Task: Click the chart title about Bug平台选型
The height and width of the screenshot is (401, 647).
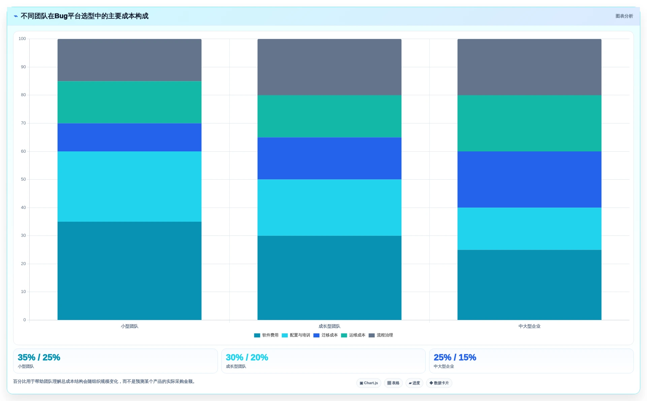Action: (85, 16)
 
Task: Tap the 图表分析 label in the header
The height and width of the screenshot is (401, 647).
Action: (624, 16)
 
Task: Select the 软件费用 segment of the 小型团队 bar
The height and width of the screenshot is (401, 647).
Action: (129, 271)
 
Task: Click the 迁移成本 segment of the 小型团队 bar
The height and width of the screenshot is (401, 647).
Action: (129, 137)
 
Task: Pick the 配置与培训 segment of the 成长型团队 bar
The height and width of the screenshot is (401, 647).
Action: (329, 208)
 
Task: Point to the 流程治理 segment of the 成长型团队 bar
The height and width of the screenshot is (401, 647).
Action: (329, 67)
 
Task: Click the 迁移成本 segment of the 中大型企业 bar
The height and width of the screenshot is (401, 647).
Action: (529, 179)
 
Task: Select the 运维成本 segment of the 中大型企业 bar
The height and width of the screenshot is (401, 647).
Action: (529, 123)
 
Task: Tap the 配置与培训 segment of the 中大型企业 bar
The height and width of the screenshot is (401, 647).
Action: (529, 229)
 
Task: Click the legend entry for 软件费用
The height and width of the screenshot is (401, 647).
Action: (266, 335)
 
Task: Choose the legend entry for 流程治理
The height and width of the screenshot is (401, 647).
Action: (381, 335)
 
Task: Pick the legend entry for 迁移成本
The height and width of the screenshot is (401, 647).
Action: (325, 335)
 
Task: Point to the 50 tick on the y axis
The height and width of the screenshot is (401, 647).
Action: (23, 179)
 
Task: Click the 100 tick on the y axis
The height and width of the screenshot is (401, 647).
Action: (22, 39)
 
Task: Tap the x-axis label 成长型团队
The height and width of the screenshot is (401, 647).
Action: (329, 326)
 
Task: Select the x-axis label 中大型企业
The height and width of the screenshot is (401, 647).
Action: (529, 326)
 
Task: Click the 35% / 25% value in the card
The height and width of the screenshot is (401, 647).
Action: (39, 357)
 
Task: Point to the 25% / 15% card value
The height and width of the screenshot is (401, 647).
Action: (455, 357)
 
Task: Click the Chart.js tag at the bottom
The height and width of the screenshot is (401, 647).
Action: (369, 383)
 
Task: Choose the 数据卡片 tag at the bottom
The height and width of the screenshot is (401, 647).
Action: (439, 383)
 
